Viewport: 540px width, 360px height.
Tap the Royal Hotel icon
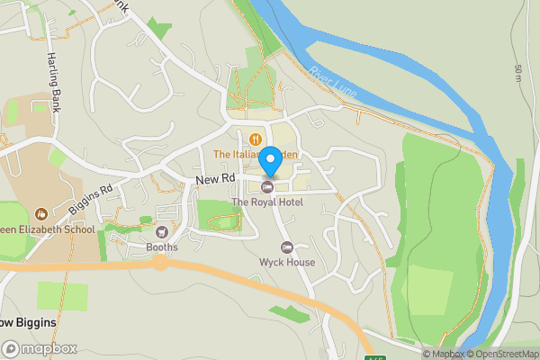[267, 187]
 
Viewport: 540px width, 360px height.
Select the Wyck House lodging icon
[287, 247]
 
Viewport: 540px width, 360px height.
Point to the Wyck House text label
[287, 263]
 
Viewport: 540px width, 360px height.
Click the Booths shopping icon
[162, 232]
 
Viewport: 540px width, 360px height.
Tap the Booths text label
[162, 247]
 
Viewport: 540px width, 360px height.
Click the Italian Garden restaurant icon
[256, 139]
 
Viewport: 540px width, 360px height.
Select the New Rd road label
[215, 181]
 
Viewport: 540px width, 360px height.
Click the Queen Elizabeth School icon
[40, 213]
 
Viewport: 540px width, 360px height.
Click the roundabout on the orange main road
[159, 263]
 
